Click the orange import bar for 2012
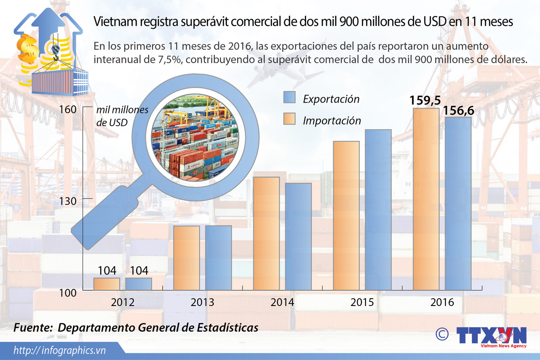tap(106, 284)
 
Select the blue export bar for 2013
tap(218, 257)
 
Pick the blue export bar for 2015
tap(378, 210)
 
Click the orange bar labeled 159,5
tap(426, 199)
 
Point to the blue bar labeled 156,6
tap(458, 203)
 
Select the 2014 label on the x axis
tap(282, 302)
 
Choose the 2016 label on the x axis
tap(442, 302)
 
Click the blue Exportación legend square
tap(289, 97)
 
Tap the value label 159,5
tap(425, 101)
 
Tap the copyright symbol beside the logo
tap(443, 334)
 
